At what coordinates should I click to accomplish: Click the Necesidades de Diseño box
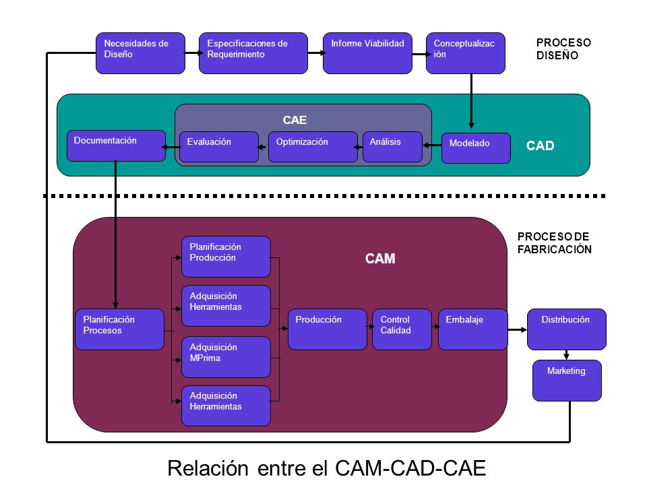(x=140, y=53)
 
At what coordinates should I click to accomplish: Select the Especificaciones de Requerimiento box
(x=253, y=53)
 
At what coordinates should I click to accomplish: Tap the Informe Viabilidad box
(x=368, y=53)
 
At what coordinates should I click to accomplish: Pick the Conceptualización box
(x=466, y=53)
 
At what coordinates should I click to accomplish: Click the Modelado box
(x=476, y=148)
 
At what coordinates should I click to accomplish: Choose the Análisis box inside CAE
(x=392, y=147)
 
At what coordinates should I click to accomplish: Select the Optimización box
(x=313, y=147)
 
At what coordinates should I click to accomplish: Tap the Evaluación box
(x=219, y=147)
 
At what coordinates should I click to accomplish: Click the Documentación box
(x=117, y=145)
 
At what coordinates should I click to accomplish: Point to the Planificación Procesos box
(x=120, y=329)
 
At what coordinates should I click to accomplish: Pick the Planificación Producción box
(x=226, y=257)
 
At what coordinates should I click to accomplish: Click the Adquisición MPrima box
(x=226, y=357)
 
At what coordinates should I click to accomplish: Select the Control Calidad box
(x=402, y=329)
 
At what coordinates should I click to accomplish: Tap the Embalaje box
(x=473, y=329)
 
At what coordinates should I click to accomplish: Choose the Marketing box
(x=567, y=380)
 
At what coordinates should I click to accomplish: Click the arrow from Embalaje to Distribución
(x=518, y=329)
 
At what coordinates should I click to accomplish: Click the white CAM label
(x=380, y=259)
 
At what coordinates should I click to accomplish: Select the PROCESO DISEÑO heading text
(x=563, y=49)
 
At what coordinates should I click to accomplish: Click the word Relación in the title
(x=208, y=468)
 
